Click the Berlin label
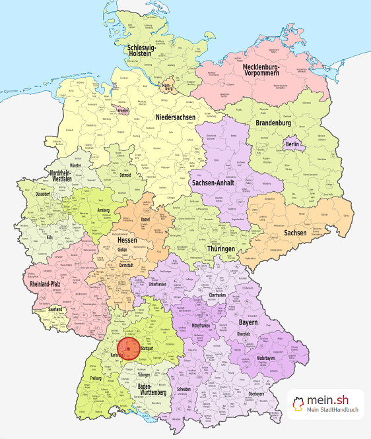click(x=293, y=144)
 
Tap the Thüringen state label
click(x=220, y=249)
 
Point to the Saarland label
click(x=50, y=309)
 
